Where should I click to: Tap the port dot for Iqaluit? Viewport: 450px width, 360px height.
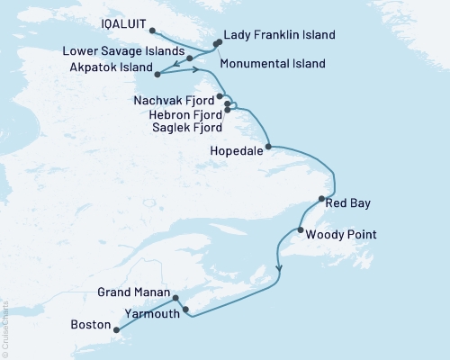[x=152, y=31]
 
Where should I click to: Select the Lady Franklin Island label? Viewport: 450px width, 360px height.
[x=279, y=35]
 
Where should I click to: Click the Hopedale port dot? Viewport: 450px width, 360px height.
[x=268, y=146]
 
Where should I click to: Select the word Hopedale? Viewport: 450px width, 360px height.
[x=237, y=151]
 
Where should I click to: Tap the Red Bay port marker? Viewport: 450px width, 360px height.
[x=321, y=199]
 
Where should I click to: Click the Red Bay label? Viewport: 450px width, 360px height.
[x=348, y=204]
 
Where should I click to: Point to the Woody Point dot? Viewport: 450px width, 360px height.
[x=299, y=230]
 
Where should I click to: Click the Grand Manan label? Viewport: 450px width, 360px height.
[x=132, y=292]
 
